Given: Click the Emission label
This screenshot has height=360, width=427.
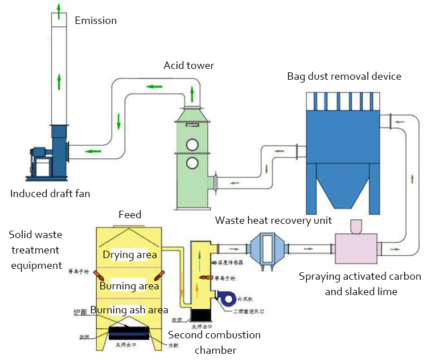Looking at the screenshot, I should [96, 21].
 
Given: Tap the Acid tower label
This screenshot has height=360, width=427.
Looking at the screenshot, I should [189, 66].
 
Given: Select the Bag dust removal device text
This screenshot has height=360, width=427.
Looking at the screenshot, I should [344, 76].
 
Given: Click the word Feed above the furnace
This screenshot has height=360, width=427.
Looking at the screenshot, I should [130, 215].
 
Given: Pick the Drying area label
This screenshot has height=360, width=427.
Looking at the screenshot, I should [129, 255].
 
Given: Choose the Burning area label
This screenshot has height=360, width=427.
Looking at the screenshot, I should [129, 285].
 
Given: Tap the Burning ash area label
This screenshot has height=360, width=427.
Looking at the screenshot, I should [129, 310].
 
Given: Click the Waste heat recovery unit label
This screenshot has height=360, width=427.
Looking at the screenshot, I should [273, 220].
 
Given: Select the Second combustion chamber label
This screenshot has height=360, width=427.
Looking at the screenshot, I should [214, 342].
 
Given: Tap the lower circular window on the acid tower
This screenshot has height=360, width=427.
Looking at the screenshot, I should [192, 163].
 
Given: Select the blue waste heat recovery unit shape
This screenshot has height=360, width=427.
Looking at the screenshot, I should [268, 249].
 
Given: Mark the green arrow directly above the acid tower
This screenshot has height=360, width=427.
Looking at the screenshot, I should [192, 93].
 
